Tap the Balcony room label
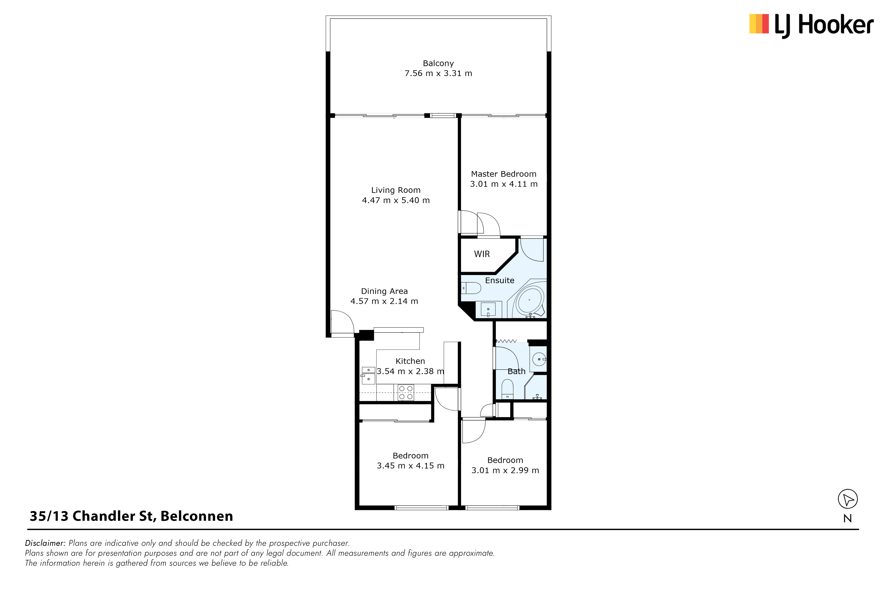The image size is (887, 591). point(438,63)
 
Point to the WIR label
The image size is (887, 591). point(482,254)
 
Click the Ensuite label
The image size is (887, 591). point(500,280)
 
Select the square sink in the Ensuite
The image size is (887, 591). point(488,309)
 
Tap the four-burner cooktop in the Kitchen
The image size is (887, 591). point(406,392)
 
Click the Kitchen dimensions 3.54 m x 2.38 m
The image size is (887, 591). point(410,371)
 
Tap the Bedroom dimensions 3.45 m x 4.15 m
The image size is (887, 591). point(411,466)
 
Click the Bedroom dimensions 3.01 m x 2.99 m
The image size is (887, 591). point(505,470)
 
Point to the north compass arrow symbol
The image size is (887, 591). point(848,499)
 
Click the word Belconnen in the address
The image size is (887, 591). point(197,516)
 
